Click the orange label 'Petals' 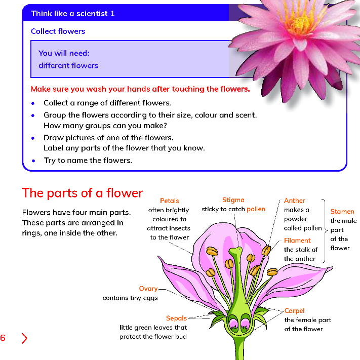169,201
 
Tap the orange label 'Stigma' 233,200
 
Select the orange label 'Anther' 295,201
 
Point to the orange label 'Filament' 297,241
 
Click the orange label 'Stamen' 342,212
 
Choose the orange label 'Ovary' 148,289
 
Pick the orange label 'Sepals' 176,318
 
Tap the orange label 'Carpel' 294,311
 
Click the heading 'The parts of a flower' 83,193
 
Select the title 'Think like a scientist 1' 73,14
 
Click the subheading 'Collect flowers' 58,31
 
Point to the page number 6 3,338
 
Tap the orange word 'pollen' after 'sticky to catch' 256,209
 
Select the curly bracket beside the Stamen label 325,230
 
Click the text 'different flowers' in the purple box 68,66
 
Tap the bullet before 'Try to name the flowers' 33,161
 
